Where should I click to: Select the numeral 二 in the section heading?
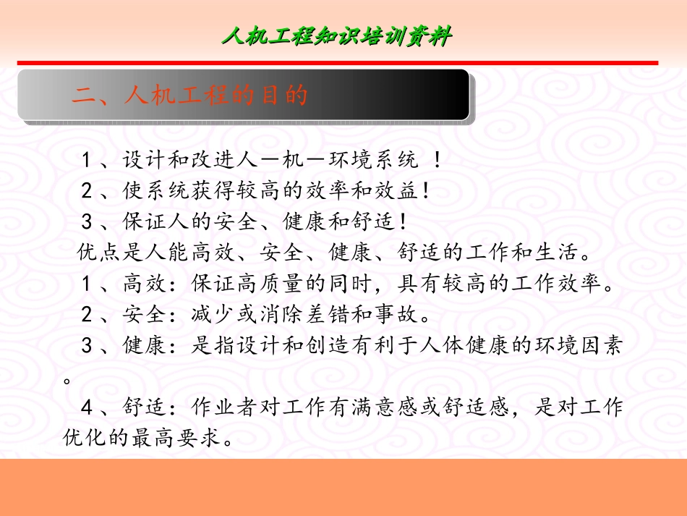click(83, 95)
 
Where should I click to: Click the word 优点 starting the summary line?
click(94, 254)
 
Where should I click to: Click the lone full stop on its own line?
click(67, 378)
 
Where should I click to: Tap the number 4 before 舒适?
click(87, 408)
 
